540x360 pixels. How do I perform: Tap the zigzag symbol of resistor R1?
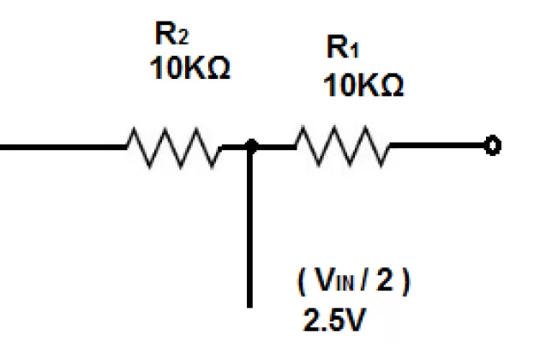(342, 147)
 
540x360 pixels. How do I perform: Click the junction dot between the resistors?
(251, 147)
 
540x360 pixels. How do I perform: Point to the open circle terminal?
(491, 147)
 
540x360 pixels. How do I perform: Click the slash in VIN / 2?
(369, 283)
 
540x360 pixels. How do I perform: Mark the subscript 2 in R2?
(179, 39)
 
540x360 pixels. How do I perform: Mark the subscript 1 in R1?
(352, 52)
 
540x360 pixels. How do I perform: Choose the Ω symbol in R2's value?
(219, 69)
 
